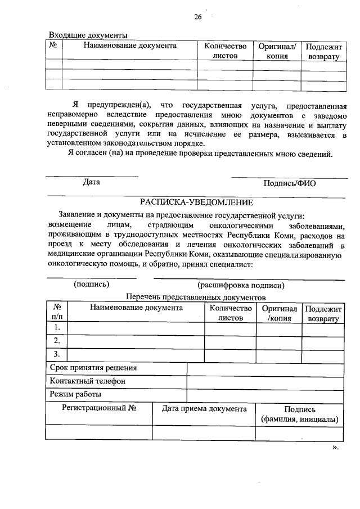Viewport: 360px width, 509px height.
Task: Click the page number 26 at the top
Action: [x=198, y=16]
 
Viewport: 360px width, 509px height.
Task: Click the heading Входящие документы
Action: [x=88, y=35]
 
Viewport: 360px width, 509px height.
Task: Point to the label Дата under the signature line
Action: [x=92, y=182]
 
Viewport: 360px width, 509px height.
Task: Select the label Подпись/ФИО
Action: [x=289, y=183]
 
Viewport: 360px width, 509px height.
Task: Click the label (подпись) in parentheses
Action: [x=92, y=284]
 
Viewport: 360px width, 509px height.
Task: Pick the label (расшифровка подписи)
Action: [x=241, y=285]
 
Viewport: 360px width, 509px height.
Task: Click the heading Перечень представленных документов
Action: [x=195, y=297]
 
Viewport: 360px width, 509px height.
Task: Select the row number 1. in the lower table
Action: [x=56, y=327]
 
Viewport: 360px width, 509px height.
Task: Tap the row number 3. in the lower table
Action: [x=56, y=354]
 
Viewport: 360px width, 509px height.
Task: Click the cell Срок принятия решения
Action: [x=93, y=368]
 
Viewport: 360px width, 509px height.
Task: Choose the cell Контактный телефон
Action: [x=88, y=381]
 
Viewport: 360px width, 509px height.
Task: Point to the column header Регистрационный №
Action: [x=100, y=409]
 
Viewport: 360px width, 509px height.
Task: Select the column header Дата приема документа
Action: [x=204, y=409]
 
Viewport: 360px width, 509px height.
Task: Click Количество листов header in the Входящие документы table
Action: [x=225, y=51]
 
